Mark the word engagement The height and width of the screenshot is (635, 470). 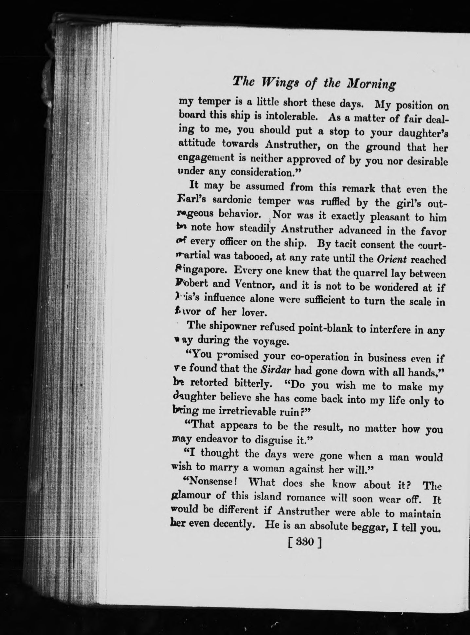pos(205,158)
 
